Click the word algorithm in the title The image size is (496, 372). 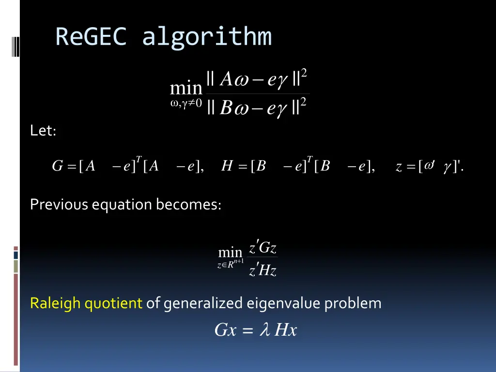coord(207,38)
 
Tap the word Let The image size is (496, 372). coord(43,131)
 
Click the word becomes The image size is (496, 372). coord(188,204)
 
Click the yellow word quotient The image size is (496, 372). coord(113,304)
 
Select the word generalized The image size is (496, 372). coord(203,304)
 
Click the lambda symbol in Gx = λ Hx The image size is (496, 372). coord(264,330)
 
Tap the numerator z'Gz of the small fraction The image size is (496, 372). coord(263,248)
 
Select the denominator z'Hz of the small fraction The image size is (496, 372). coord(263,270)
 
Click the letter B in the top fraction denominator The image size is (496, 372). coord(226,108)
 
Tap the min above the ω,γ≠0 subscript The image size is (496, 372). coord(186,89)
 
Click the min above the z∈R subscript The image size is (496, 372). coord(230,252)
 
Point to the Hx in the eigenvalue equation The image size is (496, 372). coord(285,330)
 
